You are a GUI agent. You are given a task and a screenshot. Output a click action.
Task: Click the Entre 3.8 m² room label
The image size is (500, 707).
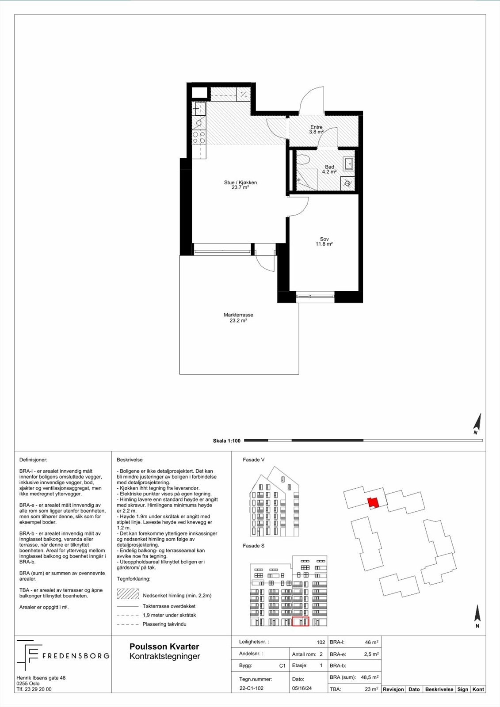(x=316, y=129)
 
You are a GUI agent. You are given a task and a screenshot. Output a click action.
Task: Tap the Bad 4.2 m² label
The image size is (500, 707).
(x=329, y=169)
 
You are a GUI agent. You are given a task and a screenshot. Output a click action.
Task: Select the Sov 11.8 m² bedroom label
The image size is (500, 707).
(x=324, y=241)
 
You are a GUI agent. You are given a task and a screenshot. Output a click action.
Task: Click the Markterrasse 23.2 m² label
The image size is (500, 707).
(x=238, y=318)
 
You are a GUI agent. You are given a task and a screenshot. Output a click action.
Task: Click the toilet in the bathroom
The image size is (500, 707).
(x=303, y=160)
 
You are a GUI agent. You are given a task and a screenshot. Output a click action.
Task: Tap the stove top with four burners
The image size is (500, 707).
(x=199, y=137)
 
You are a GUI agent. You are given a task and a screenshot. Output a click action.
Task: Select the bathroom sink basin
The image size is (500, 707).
(x=349, y=164)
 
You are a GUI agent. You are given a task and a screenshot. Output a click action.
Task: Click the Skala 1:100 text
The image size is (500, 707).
(x=226, y=441)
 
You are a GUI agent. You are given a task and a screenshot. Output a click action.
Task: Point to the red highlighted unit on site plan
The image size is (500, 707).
(x=373, y=502)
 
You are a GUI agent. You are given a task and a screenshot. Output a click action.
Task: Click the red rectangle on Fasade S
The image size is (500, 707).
(x=301, y=622)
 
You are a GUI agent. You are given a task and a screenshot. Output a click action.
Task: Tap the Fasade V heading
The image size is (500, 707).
(x=254, y=460)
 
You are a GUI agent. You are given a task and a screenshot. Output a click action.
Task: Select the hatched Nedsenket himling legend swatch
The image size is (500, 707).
(x=128, y=594)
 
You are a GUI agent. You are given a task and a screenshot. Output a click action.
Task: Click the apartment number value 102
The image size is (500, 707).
(x=321, y=642)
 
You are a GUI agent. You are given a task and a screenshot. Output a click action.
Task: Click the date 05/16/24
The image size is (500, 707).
(x=302, y=688)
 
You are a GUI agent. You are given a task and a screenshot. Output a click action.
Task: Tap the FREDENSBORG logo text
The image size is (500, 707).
(x=76, y=656)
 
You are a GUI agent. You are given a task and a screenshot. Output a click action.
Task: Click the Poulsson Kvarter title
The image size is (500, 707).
(x=164, y=646)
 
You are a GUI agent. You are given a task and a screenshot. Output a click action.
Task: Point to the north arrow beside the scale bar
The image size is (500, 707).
(x=477, y=424)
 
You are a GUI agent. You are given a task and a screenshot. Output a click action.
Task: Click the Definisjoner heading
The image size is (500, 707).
(x=33, y=460)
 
